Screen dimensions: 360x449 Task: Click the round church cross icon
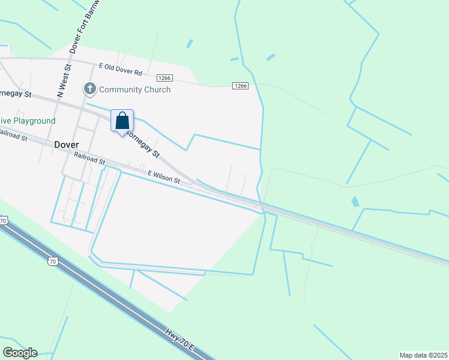click(x=90, y=89)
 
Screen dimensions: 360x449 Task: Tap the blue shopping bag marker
click(x=122, y=121)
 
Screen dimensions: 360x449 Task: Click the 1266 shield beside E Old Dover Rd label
click(x=165, y=78)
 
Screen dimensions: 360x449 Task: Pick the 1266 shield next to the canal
click(x=241, y=86)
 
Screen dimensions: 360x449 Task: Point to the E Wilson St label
click(x=164, y=176)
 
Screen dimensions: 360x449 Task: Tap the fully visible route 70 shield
click(x=53, y=262)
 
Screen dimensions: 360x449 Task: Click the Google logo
click(x=19, y=353)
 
